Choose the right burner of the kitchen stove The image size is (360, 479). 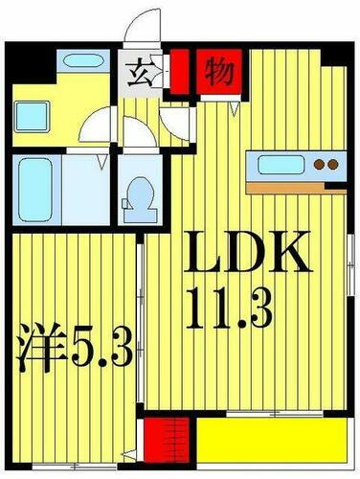click(333, 165)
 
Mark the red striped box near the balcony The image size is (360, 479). click(166, 445)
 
